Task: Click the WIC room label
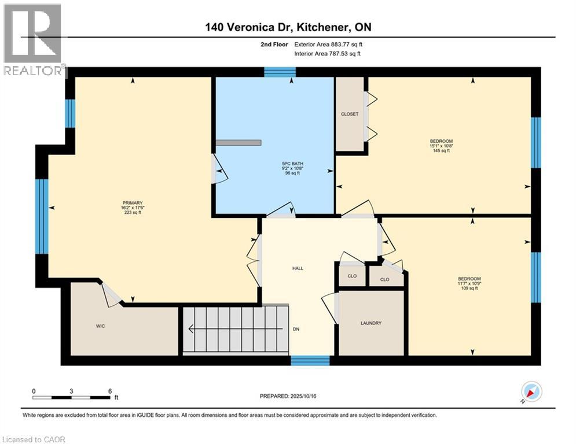[100, 326]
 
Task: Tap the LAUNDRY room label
[371, 323]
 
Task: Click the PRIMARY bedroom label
[133, 203]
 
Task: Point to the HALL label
[298, 268]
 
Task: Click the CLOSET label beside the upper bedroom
[350, 114]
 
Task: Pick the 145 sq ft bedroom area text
[441, 150]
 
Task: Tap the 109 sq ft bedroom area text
[469, 288]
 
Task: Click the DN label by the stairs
[296, 329]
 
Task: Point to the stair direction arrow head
[190, 329]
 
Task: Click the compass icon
[531, 392]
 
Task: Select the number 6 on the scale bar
[110, 391]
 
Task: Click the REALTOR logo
[33, 40]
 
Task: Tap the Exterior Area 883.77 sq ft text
[328, 45]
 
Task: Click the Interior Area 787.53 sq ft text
[327, 54]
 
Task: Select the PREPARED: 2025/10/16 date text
[288, 396]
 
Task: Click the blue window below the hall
[310, 360]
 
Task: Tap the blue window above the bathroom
[280, 72]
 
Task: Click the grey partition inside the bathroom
[239, 143]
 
